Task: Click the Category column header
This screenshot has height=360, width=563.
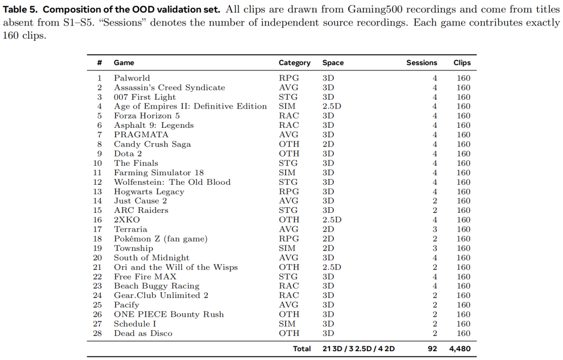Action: [x=295, y=63]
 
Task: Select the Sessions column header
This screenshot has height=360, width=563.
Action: [x=422, y=63]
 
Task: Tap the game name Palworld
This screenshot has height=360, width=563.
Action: [x=132, y=78]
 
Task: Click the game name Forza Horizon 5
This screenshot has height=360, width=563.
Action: [x=146, y=116]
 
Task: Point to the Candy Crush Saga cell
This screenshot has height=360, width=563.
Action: [x=152, y=144]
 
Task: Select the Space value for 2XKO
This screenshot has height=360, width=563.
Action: [x=332, y=220]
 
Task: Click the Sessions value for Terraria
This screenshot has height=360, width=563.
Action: [x=435, y=229]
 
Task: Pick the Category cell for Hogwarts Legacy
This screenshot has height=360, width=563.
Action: [x=289, y=191]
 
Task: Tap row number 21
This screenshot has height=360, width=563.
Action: [x=97, y=267]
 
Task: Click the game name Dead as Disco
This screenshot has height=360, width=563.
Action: [x=143, y=333]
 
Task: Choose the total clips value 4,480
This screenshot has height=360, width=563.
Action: [x=460, y=349]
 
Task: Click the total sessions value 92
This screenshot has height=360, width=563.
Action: [x=432, y=349]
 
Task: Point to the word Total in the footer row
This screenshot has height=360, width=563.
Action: [x=302, y=349]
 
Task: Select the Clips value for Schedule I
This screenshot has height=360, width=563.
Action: [x=463, y=323]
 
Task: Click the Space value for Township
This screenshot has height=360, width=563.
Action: [x=328, y=248]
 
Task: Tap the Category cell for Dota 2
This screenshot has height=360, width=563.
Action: [x=289, y=153]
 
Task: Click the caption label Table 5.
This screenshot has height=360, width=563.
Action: [x=20, y=9]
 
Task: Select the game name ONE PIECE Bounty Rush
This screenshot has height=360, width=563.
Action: [x=169, y=314]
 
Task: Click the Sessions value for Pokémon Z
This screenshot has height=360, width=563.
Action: [x=435, y=238]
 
